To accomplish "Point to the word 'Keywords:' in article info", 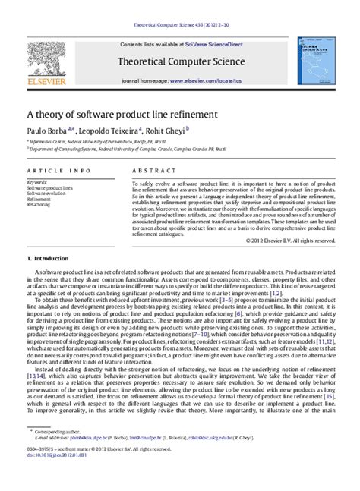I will [37, 182].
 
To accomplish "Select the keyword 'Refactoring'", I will [39, 205].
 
